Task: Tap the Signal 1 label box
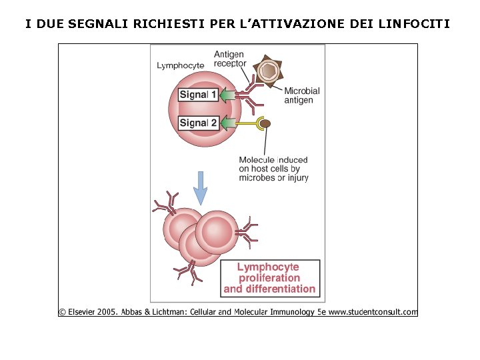(x=198, y=95)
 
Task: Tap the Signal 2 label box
(x=198, y=123)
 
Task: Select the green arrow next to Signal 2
(x=230, y=123)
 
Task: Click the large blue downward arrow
(x=200, y=189)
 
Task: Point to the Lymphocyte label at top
(x=180, y=65)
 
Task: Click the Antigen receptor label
(x=229, y=59)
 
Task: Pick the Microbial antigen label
(x=302, y=95)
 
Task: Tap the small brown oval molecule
(x=265, y=123)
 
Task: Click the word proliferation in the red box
(x=269, y=278)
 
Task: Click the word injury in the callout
(x=296, y=178)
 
